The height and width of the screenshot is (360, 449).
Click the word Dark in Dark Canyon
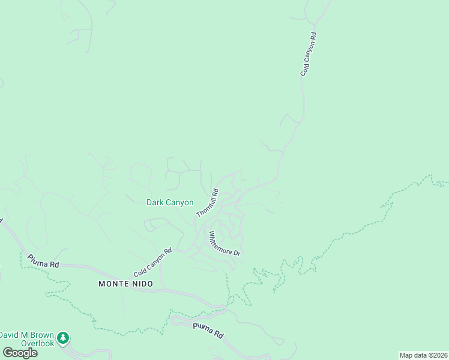(x=155, y=203)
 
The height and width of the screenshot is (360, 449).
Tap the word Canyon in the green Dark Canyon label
(x=179, y=203)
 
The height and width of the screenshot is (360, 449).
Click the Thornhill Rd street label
(x=207, y=203)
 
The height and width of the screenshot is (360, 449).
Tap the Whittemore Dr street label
(x=224, y=244)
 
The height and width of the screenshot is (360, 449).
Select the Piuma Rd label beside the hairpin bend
(x=208, y=331)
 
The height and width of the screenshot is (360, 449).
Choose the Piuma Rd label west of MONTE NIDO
(x=43, y=260)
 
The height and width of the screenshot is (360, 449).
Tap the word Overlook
(x=37, y=343)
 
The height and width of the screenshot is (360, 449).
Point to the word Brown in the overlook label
(x=42, y=335)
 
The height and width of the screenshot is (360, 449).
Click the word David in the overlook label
(x=11, y=335)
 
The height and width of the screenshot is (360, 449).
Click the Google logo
(x=20, y=353)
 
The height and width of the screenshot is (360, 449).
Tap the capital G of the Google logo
(x=8, y=353)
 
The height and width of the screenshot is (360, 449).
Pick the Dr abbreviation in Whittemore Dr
(x=237, y=253)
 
